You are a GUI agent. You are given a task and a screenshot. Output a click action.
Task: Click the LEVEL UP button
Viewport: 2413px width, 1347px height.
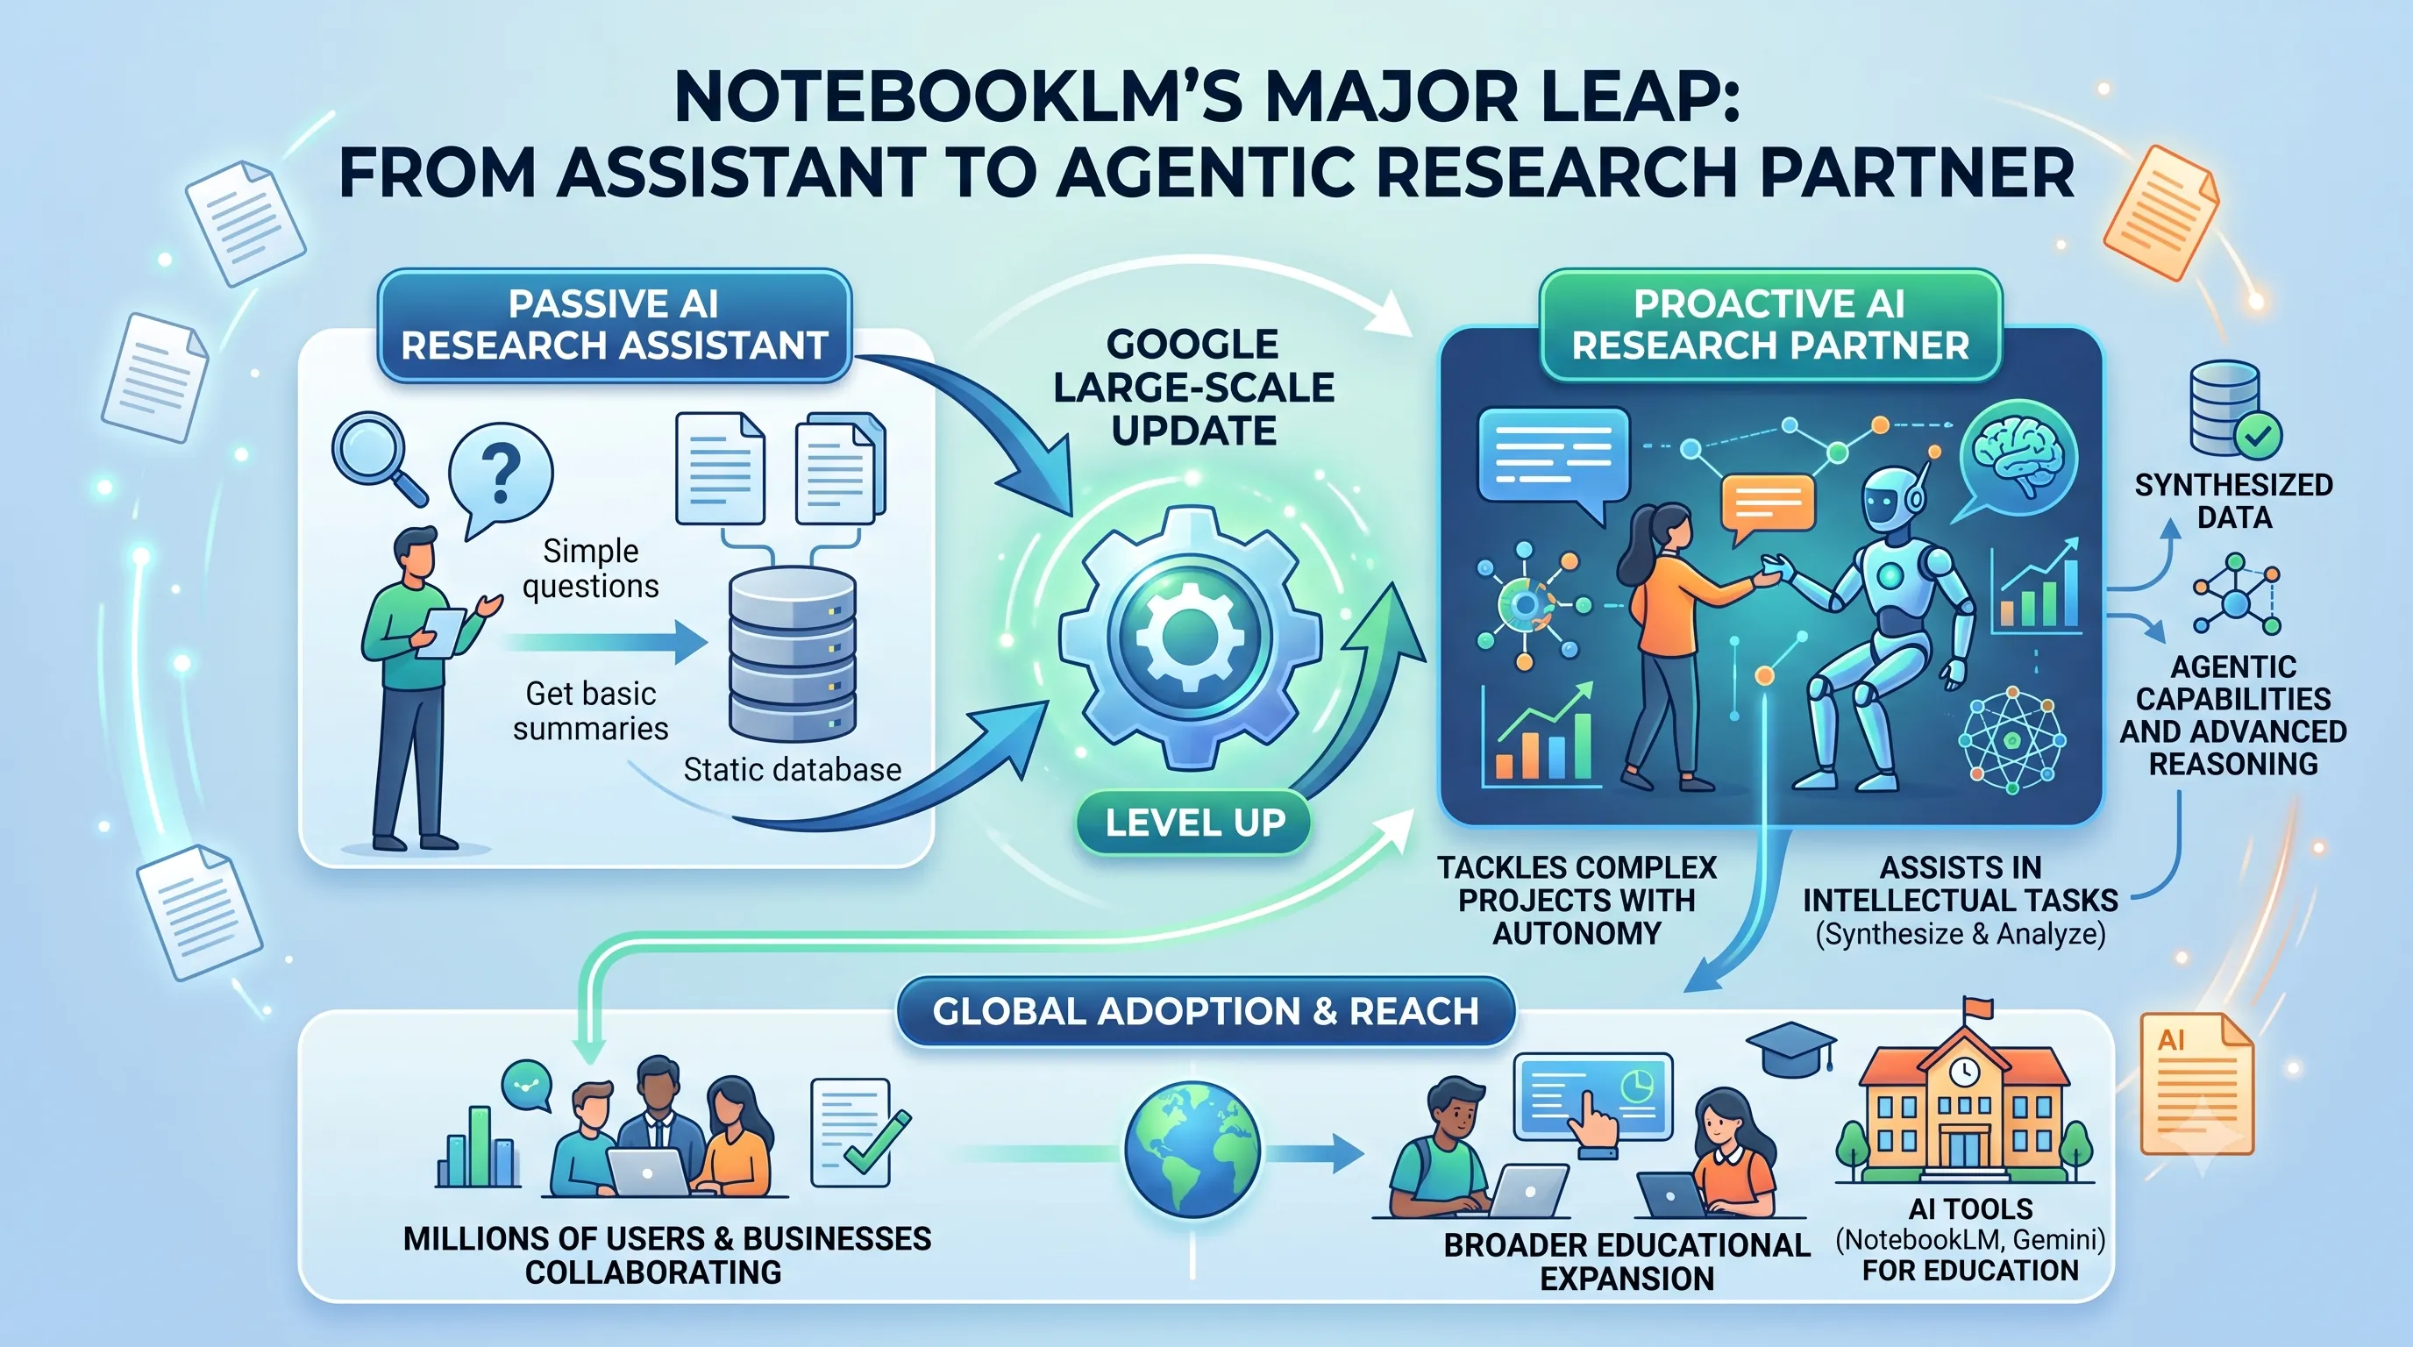pos(1193,823)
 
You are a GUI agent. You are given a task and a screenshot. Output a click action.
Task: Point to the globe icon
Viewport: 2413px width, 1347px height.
pos(1192,1149)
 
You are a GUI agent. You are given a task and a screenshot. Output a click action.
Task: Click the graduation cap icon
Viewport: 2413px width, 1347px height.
pos(1790,1050)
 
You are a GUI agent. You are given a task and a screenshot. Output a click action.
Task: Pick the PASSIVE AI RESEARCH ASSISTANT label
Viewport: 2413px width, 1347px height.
pos(615,325)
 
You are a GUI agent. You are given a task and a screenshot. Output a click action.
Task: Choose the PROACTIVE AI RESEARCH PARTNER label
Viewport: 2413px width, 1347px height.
pos(1769,325)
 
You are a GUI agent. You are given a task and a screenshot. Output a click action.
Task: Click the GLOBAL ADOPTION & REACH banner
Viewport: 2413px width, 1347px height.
pos(1206,1012)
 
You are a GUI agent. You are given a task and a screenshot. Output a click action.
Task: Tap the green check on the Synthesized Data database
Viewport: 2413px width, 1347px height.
pos(2259,435)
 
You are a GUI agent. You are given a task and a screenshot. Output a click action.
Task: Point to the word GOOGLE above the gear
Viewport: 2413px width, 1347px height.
pos(1192,344)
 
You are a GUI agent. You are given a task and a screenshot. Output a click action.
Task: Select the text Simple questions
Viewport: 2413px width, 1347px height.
pos(591,567)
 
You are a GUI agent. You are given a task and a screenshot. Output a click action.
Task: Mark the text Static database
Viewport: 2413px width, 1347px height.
pos(793,769)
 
